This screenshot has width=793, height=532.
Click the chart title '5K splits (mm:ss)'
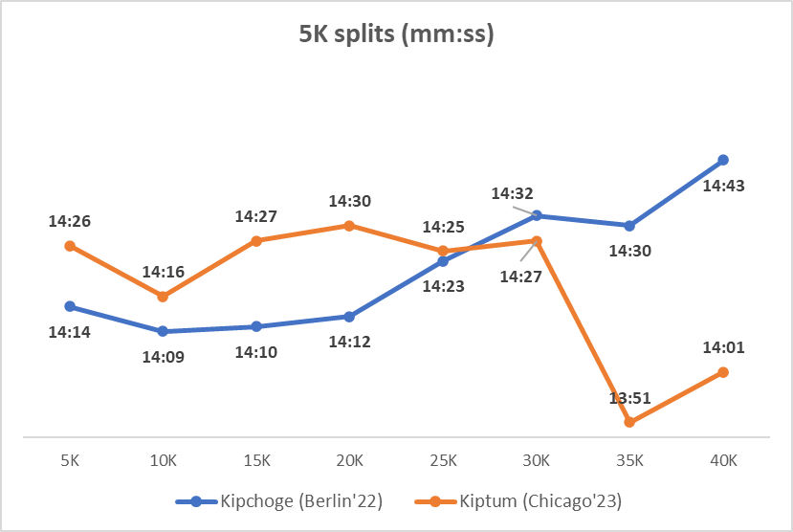pyautogui.click(x=396, y=36)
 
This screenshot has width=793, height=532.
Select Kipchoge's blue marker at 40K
pyautogui.click(x=723, y=160)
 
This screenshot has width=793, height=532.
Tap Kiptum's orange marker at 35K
pyautogui.click(x=629, y=422)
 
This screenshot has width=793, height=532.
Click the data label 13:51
pyautogui.click(x=629, y=399)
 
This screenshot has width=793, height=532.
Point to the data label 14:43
pyautogui.click(x=723, y=186)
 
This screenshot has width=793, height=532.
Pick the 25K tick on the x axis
pyautogui.click(x=443, y=460)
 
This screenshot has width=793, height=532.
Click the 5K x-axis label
pyautogui.click(x=69, y=460)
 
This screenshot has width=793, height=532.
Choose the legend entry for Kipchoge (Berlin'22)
pyautogui.click(x=278, y=500)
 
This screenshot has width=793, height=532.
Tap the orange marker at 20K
pyautogui.click(x=349, y=226)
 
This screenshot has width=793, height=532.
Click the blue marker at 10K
pyautogui.click(x=163, y=331)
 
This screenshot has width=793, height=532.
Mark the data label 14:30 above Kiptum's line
pyautogui.click(x=349, y=202)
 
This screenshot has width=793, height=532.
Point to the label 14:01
pyautogui.click(x=723, y=348)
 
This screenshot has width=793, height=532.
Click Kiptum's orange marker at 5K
pyautogui.click(x=69, y=246)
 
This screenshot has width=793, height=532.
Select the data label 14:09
pyautogui.click(x=163, y=357)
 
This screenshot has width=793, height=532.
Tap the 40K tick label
pyautogui.click(x=723, y=460)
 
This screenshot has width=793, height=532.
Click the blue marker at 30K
pyautogui.click(x=537, y=215)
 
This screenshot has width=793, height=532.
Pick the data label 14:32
pyautogui.click(x=513, y=193)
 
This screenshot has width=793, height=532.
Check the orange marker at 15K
pyautogui.click(x=256, y=241)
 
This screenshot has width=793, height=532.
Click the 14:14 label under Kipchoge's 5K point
pyautogui.click(x=69, y=332)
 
